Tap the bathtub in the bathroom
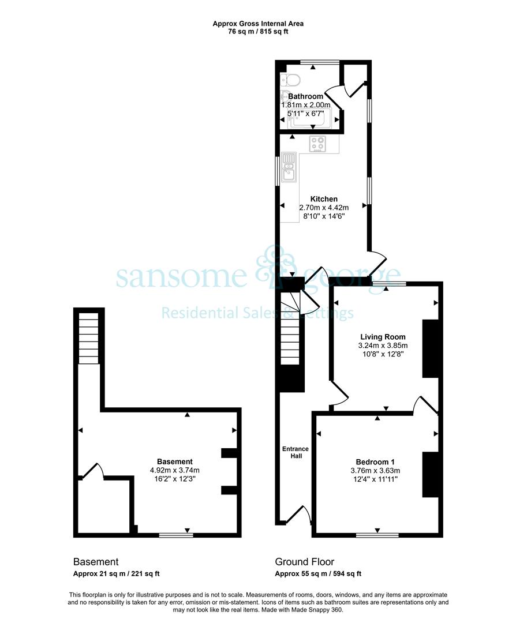pos(308,118)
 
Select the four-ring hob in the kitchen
pos(318,144)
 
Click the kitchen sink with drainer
pos(289,167)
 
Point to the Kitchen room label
pos(324,199)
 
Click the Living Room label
pos(383,337)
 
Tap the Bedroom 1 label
pos(375,462)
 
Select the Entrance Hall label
pos(296,453)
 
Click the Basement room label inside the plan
pos(175,461)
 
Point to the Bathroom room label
pos(306,96)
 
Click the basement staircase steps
pos(88,337)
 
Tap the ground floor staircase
pos(290,328)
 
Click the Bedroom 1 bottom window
pos(377,535)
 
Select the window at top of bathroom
pos(320,62)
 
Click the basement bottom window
pos(176,535)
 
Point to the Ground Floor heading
pos(305,562)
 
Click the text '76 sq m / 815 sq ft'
pos(258,32)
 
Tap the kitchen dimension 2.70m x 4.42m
pos(324,208)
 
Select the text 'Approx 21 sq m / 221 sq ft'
pos(117,574)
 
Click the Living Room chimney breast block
pos(430,349)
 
